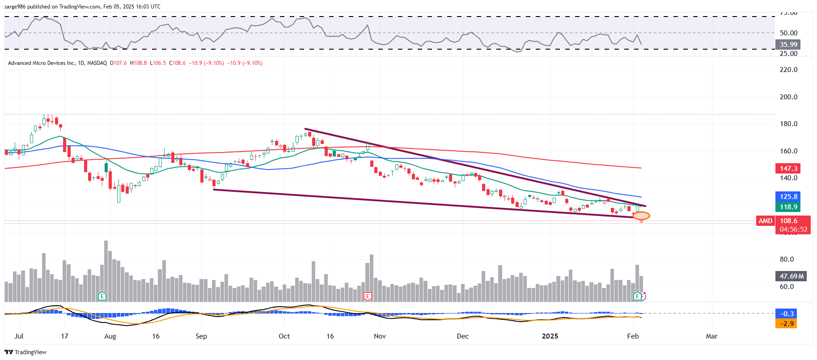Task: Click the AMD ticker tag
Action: (765, 221)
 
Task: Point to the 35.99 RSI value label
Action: (788, 44)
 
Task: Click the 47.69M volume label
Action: (792, 276)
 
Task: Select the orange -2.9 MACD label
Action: (787, 323)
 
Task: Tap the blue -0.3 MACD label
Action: (787, 314)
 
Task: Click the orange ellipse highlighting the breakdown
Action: (641, 216)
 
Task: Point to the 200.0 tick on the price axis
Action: (788, 97)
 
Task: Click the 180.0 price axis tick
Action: (788, 124)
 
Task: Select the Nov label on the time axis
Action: (380, 336)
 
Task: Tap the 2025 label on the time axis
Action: (550, 336)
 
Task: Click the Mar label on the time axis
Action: (711, 336)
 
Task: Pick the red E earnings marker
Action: (368, 296)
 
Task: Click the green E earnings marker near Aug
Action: (102, 296)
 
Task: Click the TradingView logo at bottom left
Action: (25, 352)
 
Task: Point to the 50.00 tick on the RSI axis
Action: (788, 33)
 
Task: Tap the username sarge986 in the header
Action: (16, 7)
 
